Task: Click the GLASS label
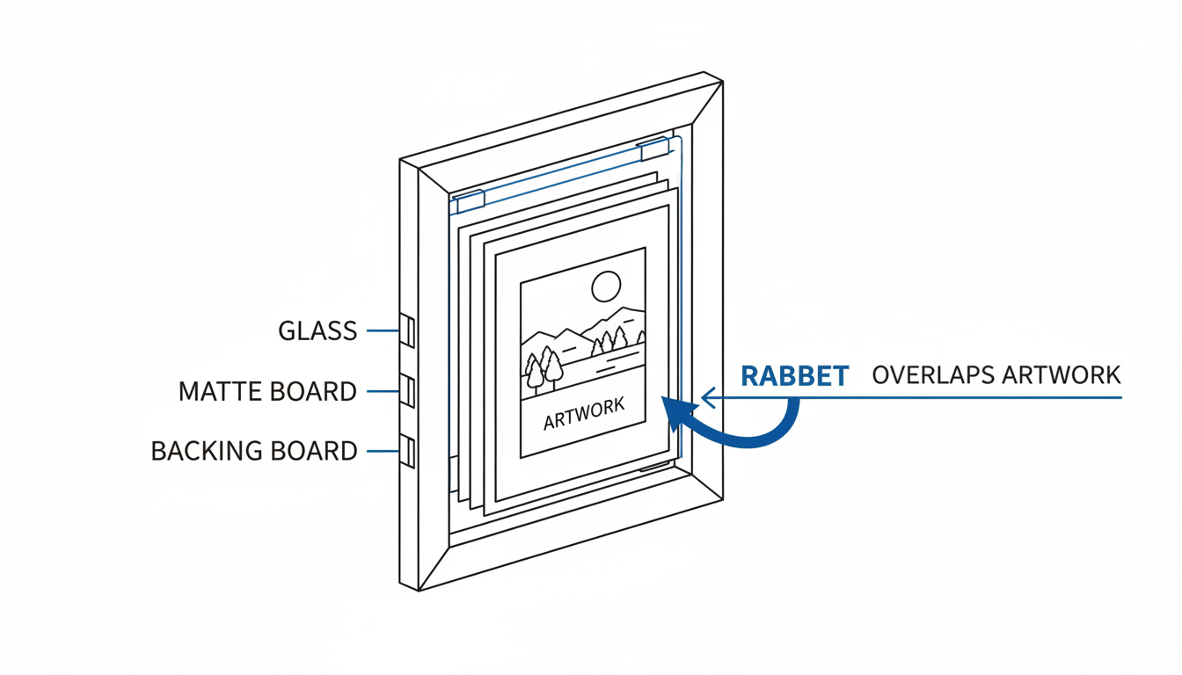pos(317,331)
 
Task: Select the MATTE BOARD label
pos(267,391)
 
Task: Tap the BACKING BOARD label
pos(254,451)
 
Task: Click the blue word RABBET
pos(794,376)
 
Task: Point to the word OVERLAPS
pos(932,375)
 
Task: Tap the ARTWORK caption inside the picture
pos(584,415)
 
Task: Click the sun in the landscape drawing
pos(606,286)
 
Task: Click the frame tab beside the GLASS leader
pos(407,330)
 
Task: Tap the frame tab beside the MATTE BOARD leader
pos(407,391)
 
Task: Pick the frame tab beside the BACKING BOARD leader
pos(407,451)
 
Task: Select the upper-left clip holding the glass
pos(471,201)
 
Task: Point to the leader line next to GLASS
pos(383,330)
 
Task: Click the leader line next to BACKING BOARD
pos(383,451)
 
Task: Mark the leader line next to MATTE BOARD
pos(383,391)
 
